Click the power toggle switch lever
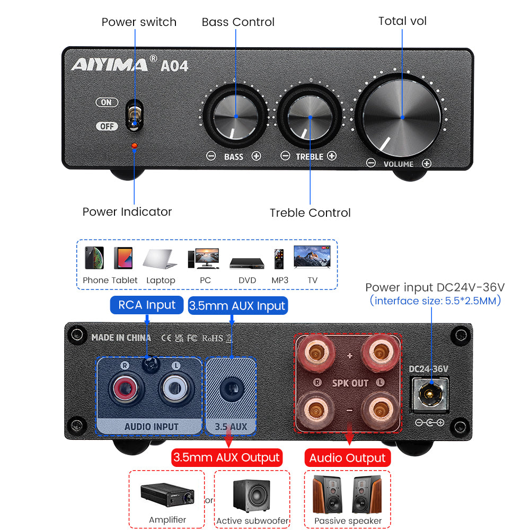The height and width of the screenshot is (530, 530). pyautogui.click(x=135, y=116)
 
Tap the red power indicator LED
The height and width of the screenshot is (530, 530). pyautogui.click(x=134, y=146)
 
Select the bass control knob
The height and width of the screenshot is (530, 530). pyautogui.click(x=236, y=116)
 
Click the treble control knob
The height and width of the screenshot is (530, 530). pyautogui.click(x=310, y=117)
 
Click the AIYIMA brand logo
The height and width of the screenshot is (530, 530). pyautogui.click(x=110, y=64)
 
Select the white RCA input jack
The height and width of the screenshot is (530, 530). pyautogui.click(x=175, y=388)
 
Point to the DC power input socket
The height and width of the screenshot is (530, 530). pyautogui.click(x=429, y=394)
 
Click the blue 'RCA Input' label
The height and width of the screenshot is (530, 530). pyautogui.click(x=147, y=305)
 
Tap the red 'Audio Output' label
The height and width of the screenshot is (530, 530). pyautogui.click(x=348, y=458)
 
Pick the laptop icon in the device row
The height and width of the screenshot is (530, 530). pyautogui.click(x=160, y=259)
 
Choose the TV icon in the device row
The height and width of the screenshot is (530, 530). pyautogui.click(x=312, y=257)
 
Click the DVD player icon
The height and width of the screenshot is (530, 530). pyautogui.click(x=247, y=263)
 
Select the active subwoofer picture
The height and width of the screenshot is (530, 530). pyautogui.click(x=252, y=495)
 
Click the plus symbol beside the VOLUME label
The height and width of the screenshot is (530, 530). pyautogui.click(x=427, y=164)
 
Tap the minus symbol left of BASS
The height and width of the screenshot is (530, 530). pyautogui.click(x=211, y=156)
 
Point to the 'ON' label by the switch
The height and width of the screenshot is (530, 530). pyautogui.click(x=107, y=102)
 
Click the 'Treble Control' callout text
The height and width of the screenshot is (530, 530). pyautogui.click(x=310, y=213)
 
